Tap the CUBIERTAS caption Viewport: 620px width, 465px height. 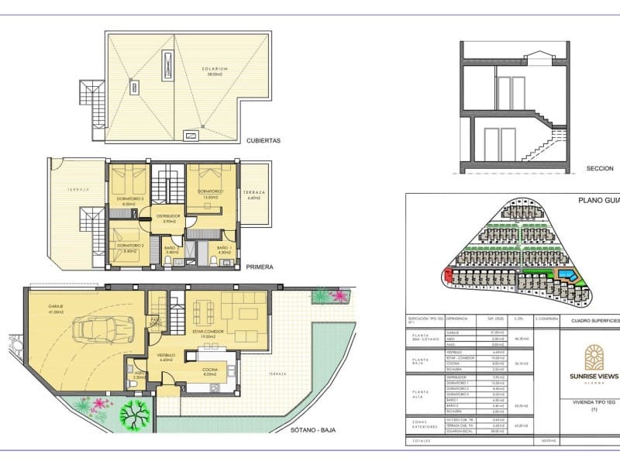click(x=263, y=141)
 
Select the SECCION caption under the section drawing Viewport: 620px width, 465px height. click(x=600, y=168)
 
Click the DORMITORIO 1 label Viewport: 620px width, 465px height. click(x=211, y=191)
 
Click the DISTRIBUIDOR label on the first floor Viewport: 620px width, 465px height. click(x=169, y=216)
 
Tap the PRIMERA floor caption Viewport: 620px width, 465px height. click(x=260, y=267)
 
